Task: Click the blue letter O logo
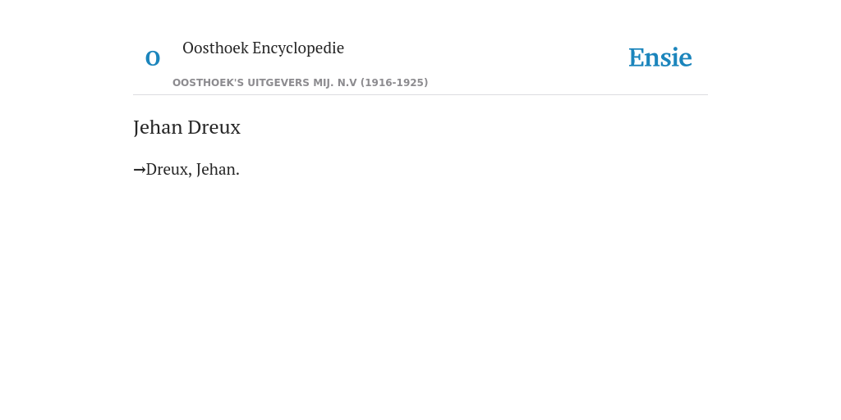(x=153, y=58)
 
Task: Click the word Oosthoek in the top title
(x=216, y=48)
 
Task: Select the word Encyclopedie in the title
(x=298, y=48)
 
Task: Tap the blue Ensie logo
(x=660, y=58)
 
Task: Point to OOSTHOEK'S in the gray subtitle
(x=208, y=83)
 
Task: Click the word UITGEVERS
(x=278, y=83)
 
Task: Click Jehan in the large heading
(x=159, y=127)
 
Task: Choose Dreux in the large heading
(x=214, y=127)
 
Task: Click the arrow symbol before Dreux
(x=140, y=170)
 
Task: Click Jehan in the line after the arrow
(x=216, y=169)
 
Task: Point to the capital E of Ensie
(x=636, y=58)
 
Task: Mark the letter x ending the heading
(x=236, y=130)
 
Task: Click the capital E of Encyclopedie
(x=257, y=48)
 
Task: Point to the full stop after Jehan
(x=237, y=175)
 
